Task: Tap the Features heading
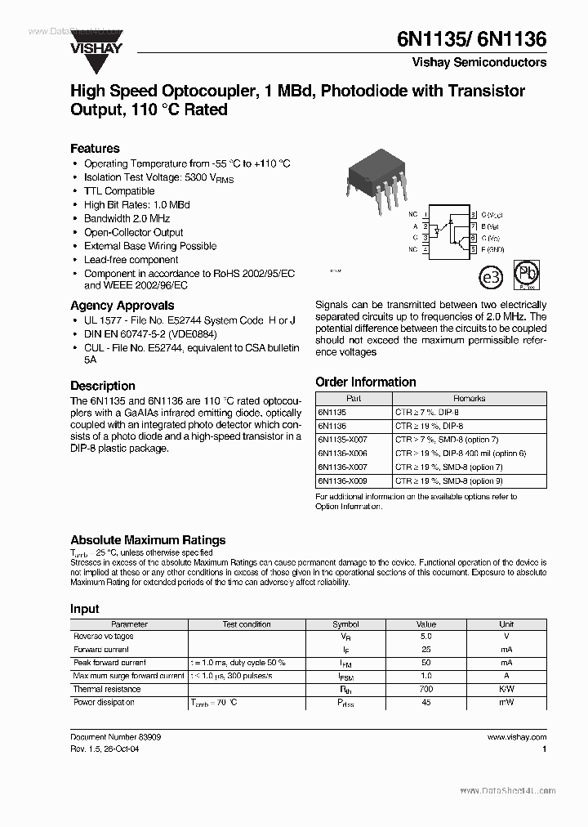click(x=95, y=149)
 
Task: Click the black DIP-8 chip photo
click(x=374, y=174)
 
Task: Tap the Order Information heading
click(x=365, y=382)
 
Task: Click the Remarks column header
click(x=469, y=399)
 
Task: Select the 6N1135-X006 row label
click(x=342, y=453)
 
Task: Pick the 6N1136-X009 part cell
click(x=342, y=481)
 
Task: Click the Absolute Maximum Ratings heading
click(x=148, y=540)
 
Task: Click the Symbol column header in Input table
click(x=345, y=624)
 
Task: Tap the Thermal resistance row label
click(x=107, y=689)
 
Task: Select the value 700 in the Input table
click(x=425, y=689)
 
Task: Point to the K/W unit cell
click(x=506, y=689)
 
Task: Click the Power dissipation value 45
click(x=425, y=702)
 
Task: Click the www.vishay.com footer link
click(x=516, y=736)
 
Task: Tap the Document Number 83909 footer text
click(x=116, y=736)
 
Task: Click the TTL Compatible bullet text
click(x=119, y=191)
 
